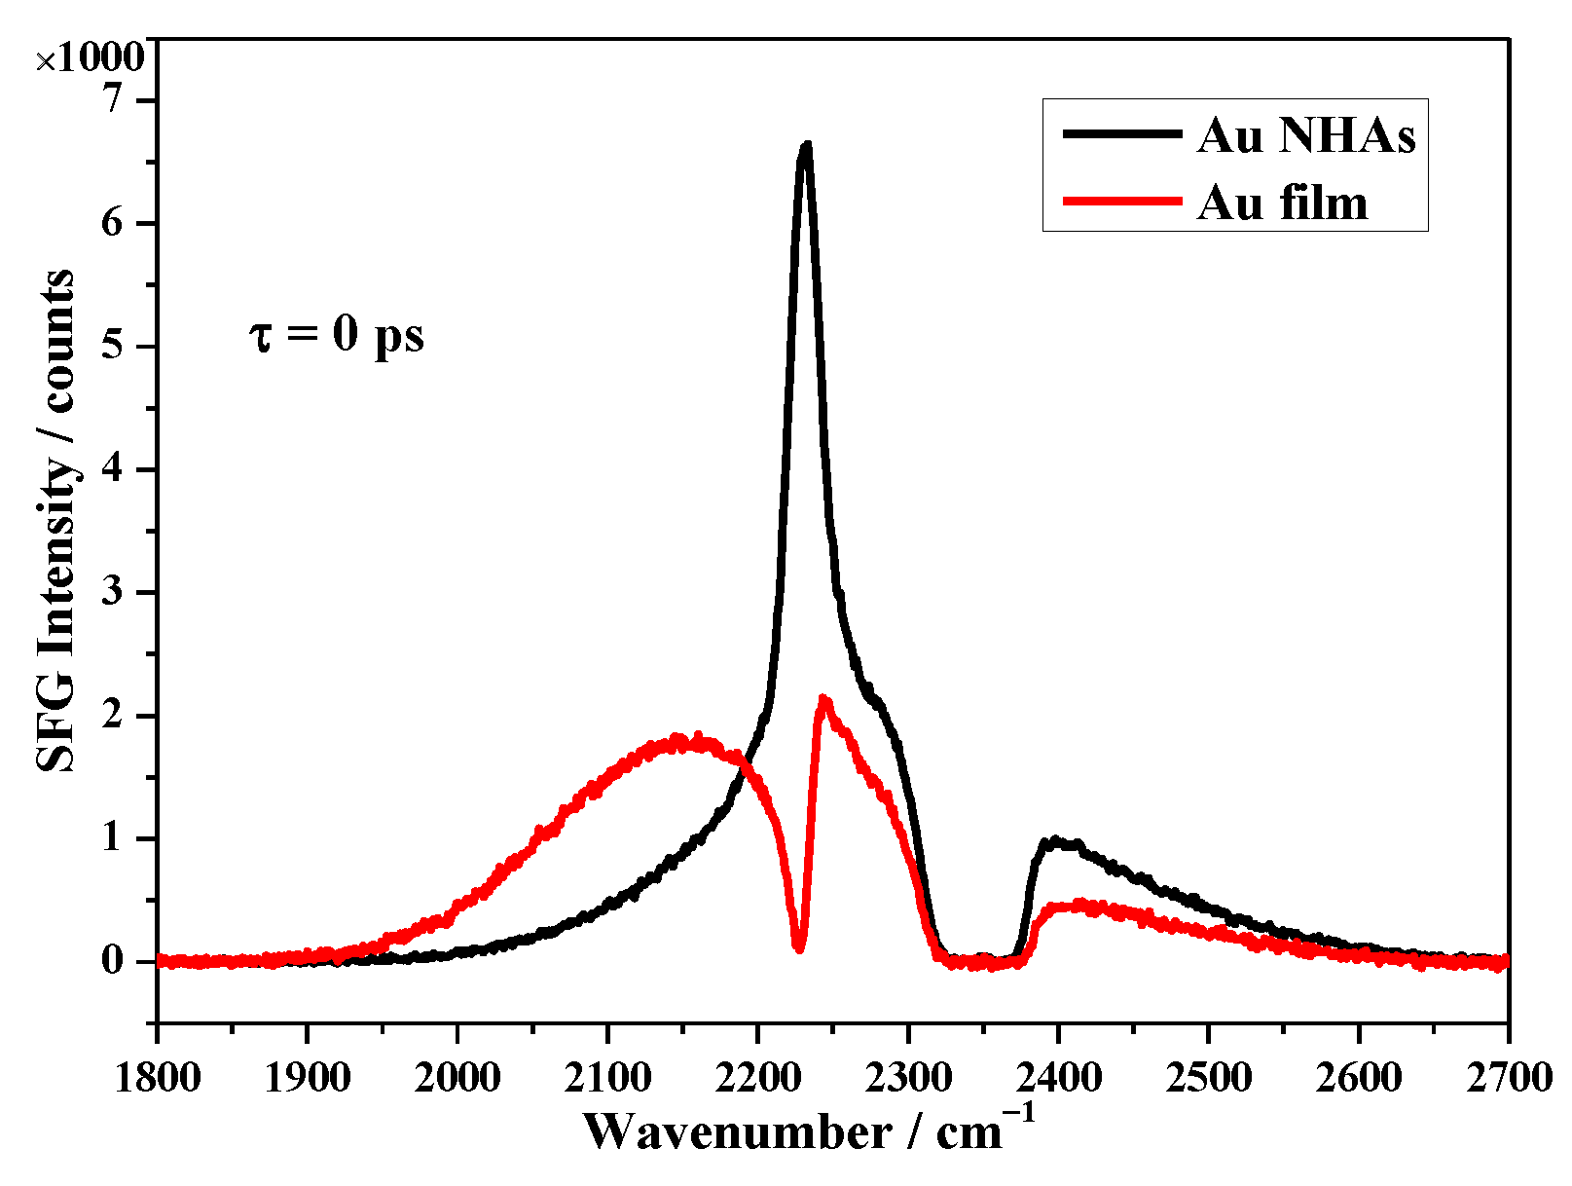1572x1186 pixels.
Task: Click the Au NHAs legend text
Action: pos(1306,135)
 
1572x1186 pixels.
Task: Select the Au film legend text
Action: pos(1282,203)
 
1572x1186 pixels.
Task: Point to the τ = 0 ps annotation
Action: pos(337,336)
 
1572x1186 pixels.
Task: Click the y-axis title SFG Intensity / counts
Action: pos(56,521)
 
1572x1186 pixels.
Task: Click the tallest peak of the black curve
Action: pos(805,146)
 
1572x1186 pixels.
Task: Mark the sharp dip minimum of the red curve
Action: pos(799,947)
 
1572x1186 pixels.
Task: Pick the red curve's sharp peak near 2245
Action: pos(823,698)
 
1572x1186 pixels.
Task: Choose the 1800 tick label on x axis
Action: pos(158,1077)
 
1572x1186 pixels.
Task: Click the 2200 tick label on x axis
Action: pos(758,1077)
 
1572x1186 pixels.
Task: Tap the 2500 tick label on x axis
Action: pos(1208,1077)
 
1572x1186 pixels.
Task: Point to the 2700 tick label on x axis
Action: pos(1507,1077)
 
